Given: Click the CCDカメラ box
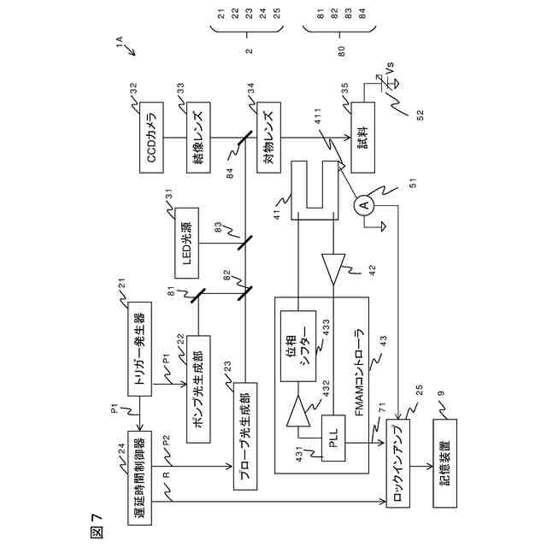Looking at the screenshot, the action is click(151, 138).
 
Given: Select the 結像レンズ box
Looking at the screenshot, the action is click(198, 138).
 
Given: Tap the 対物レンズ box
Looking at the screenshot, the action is click(268, 138).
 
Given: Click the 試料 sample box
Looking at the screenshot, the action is click(362, 138).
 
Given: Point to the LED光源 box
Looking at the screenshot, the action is click(186, 243).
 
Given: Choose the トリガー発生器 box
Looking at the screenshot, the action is click(139, 349).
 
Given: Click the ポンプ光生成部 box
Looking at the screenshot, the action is click(198, 389).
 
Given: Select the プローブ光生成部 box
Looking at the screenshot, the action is click(245, 436).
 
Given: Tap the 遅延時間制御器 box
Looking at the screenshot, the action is click(139, 478).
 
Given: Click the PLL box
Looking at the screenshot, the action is click(333, 438).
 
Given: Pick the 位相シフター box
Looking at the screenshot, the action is click(298, 346).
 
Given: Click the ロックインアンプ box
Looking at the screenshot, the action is click(398, 463).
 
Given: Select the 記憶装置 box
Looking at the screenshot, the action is click(444, 463).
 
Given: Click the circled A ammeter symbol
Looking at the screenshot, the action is click(364, 205).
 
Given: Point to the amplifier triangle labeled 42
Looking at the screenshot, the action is click(333, 269).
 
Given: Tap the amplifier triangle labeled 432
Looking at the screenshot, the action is click(298, 410).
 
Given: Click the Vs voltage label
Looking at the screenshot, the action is click(390, 68).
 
